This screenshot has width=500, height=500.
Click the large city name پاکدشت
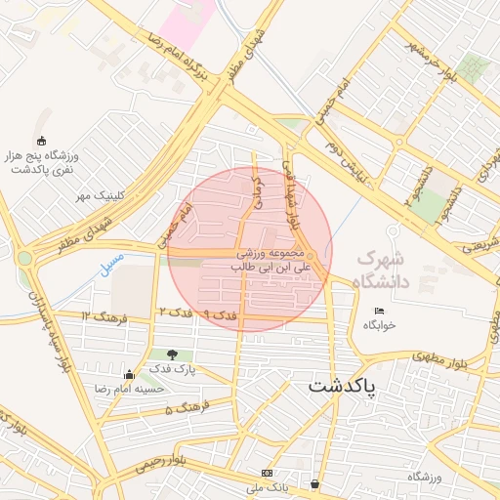354,386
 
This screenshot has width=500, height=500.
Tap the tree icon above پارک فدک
173,354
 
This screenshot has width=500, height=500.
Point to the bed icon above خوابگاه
379,312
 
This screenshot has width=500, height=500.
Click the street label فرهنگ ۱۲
101,316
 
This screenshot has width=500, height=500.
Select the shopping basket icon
314,483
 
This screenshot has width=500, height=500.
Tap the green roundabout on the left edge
23,258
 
